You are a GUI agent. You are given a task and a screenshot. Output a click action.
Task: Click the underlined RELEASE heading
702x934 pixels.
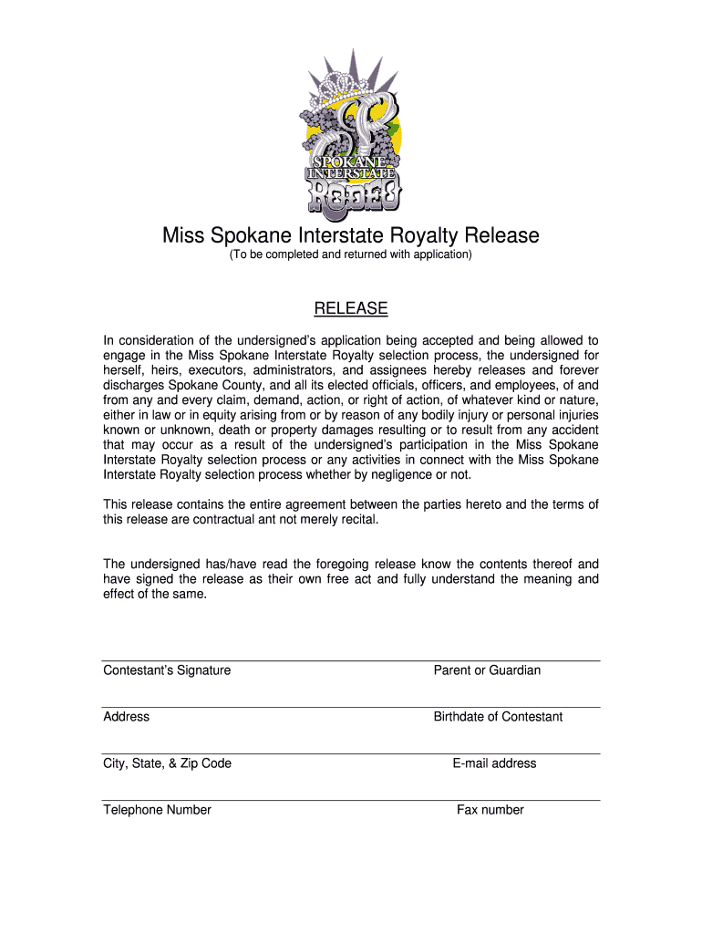tap(351, 309)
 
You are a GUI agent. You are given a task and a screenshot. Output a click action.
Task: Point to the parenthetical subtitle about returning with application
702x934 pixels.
tap(350, 255)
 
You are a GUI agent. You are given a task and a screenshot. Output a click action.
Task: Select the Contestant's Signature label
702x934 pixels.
tap(167, 670)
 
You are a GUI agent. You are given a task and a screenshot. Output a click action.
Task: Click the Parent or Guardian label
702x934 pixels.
tap(487, 670)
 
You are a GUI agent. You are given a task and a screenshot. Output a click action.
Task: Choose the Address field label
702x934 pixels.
tap(127, 717)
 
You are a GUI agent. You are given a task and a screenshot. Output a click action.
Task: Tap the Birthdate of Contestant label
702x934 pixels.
tap(498, 717)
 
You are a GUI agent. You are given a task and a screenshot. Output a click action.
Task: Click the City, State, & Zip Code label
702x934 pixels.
tap(168, 763)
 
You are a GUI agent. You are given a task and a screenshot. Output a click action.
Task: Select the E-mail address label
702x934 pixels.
tap(494, 763)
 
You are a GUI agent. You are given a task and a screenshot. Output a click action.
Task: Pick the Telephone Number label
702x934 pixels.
tap(158, 810)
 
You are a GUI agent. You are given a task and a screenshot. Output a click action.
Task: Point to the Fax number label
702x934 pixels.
tap(490, 810)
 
